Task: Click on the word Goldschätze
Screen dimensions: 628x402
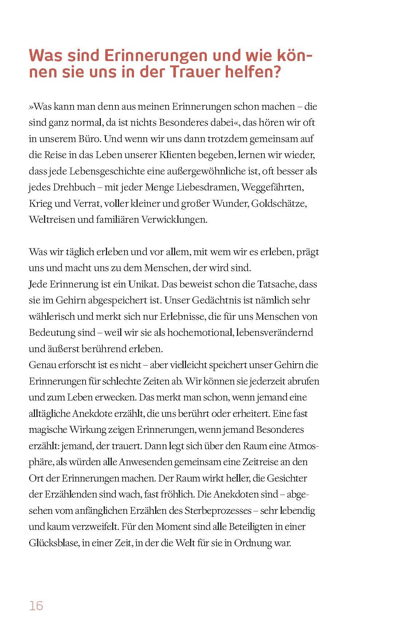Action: [282, 204]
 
